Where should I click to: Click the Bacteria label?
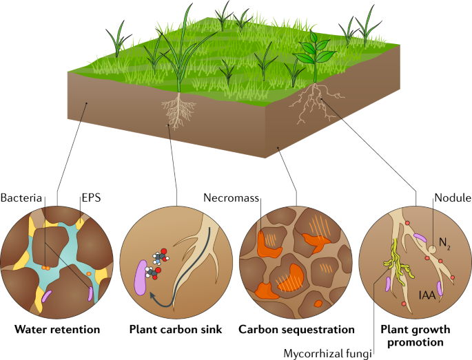point(23,198)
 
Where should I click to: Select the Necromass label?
point(232,198)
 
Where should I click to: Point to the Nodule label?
point(451,198)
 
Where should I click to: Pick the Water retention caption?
point(57,330)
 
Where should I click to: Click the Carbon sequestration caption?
point(297,330)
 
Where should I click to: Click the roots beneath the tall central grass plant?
point(178,110)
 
